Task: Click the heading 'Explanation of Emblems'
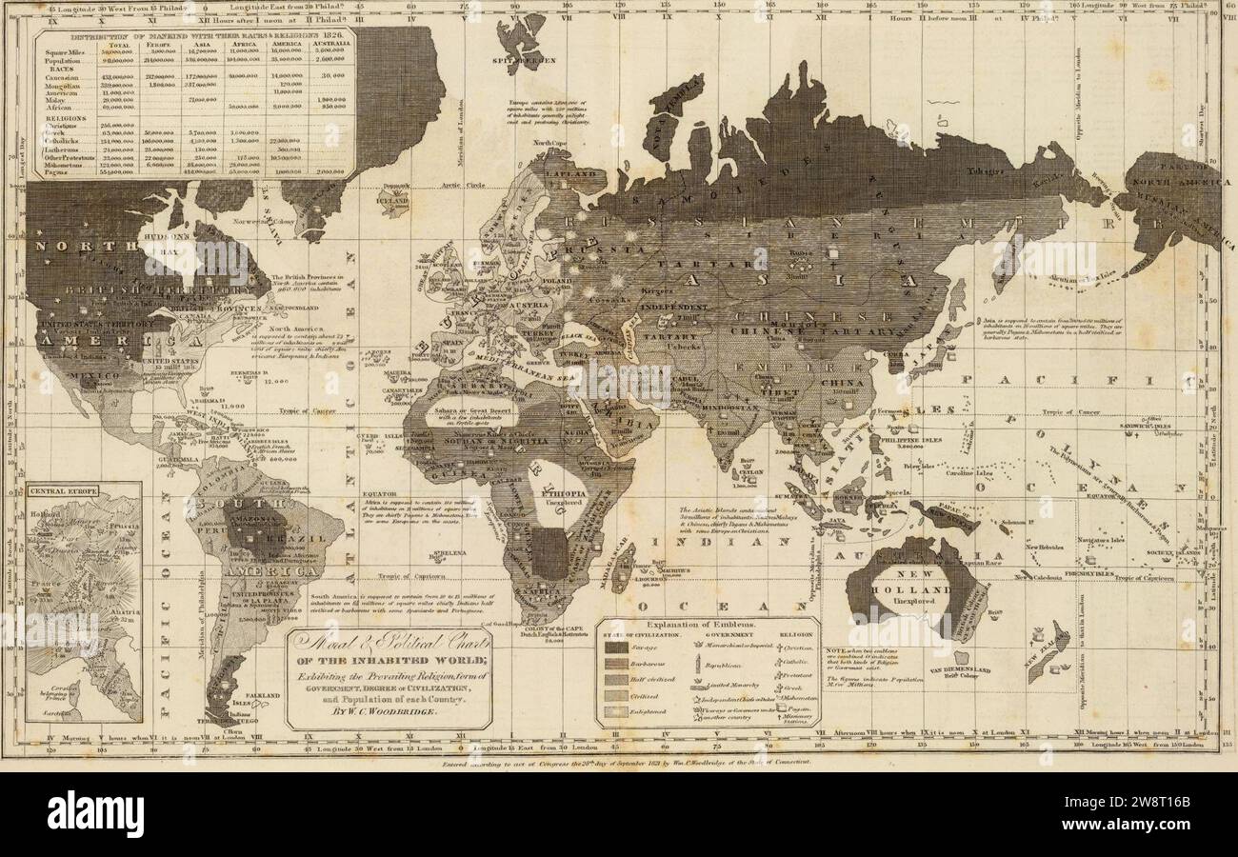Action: (x=707, y=624)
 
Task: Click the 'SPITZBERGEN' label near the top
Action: (x=515, y=58)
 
